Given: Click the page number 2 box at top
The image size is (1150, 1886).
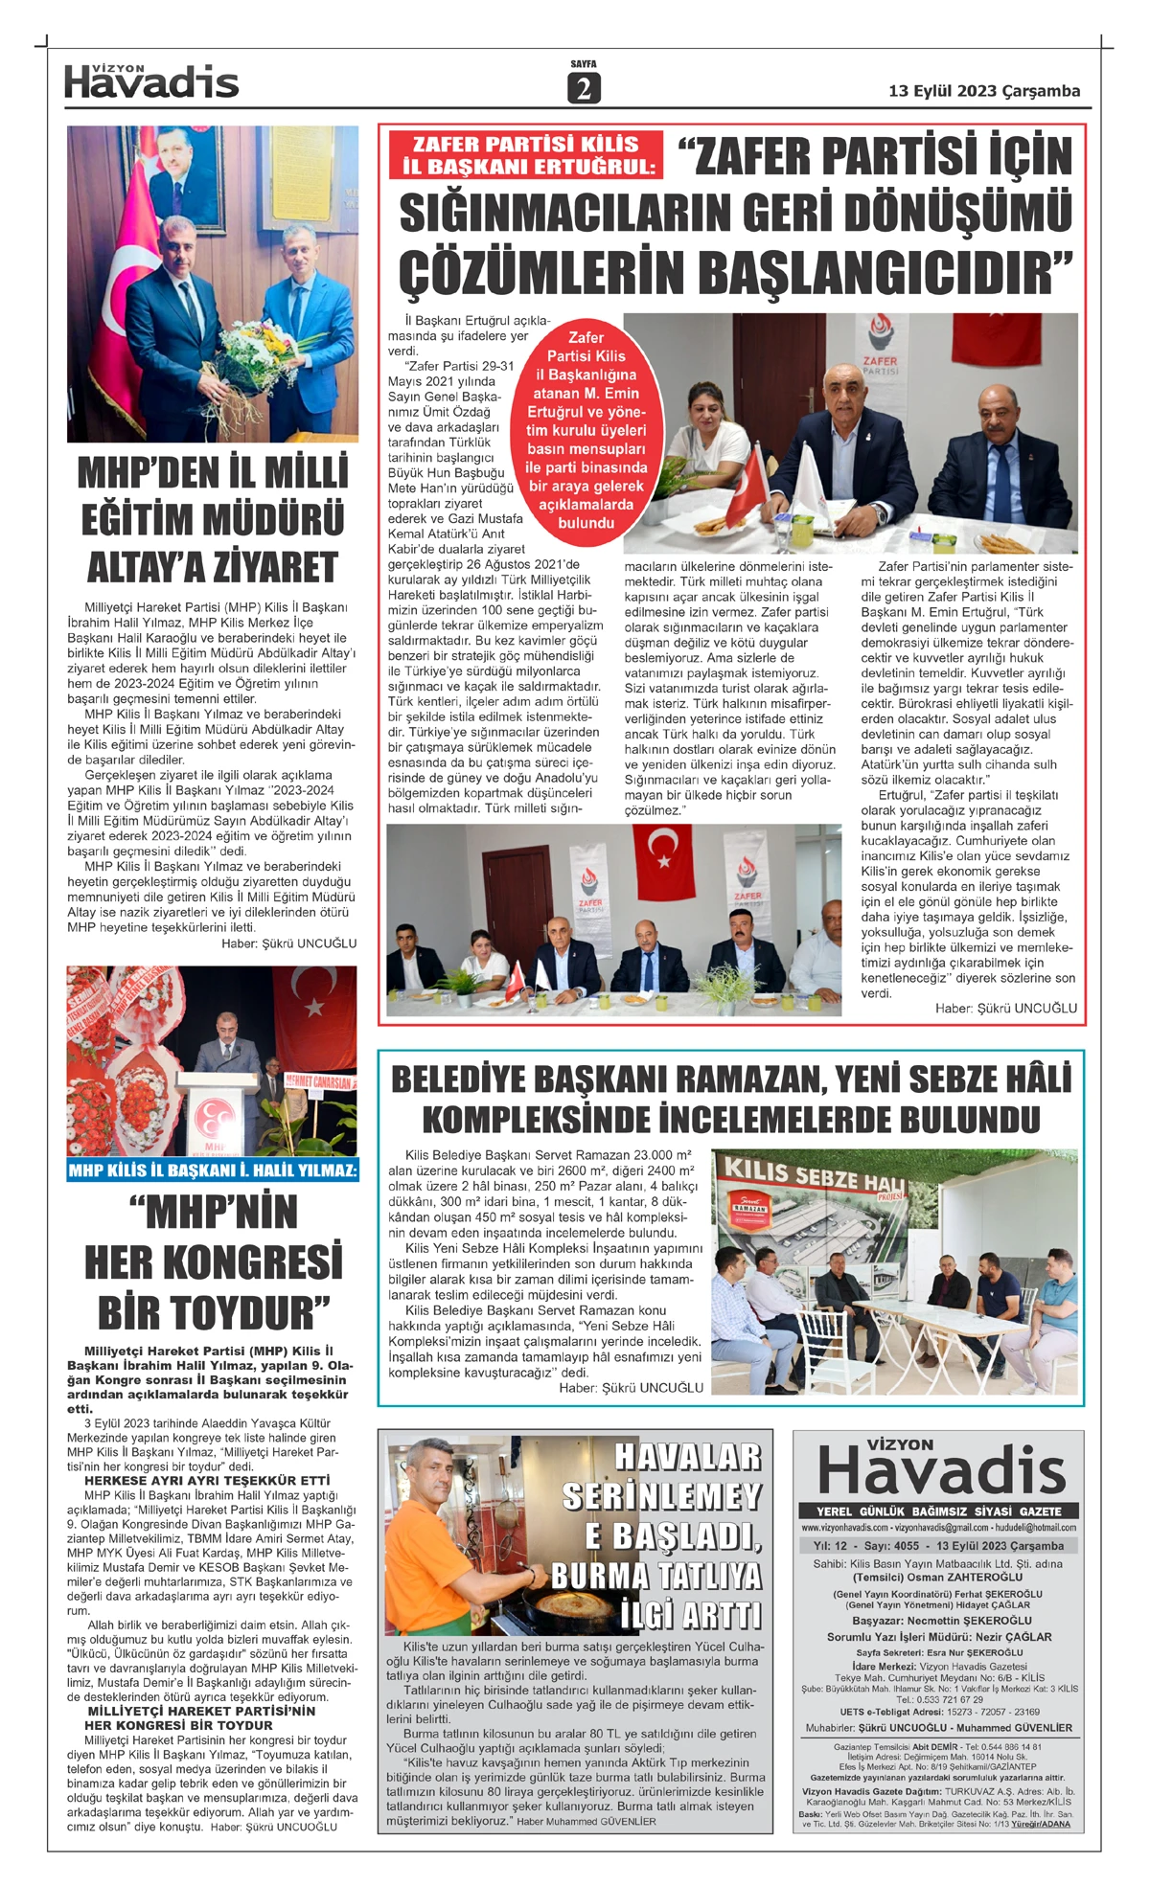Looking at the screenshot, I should point(583,88).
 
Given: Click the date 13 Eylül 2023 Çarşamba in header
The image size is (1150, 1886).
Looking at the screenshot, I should point(984,91).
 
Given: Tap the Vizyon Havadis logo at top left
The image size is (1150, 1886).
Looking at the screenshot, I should point(151,82).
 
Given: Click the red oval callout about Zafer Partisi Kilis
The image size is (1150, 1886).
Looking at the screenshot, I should point(586,430).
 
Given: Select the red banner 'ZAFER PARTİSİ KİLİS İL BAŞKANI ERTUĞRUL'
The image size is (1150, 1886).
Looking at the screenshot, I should point(525,155).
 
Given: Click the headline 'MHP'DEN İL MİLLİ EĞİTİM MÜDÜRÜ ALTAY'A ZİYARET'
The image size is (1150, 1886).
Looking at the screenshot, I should point(212,520).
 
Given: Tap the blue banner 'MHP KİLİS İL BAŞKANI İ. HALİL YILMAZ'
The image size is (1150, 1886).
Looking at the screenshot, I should point(213,1170).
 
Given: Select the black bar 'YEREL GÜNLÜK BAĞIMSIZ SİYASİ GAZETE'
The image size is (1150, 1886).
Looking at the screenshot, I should point(939,1511).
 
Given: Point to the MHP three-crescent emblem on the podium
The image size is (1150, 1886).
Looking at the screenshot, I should point(214,1117).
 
